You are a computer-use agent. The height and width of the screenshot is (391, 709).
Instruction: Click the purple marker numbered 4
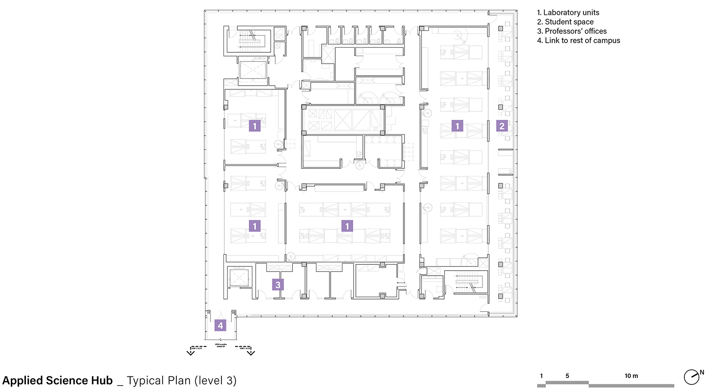220,325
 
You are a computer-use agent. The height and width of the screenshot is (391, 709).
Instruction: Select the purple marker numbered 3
278,285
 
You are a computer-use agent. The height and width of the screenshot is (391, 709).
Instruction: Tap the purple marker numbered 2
502,126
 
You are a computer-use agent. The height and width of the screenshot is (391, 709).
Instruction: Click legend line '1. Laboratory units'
568,13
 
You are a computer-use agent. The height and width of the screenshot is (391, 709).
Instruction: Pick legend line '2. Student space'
565,22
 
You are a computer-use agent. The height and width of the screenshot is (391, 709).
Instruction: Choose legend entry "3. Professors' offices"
572,31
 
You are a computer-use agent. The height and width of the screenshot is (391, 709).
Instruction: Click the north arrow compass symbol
691,377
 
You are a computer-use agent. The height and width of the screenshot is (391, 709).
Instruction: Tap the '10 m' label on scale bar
631,376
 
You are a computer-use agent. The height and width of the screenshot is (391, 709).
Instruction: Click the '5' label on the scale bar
567,376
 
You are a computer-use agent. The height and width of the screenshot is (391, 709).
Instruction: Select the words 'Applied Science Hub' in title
58,381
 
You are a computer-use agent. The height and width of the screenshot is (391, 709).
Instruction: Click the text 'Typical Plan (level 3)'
181,381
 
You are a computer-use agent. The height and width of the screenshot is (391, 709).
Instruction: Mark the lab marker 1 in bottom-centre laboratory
347,226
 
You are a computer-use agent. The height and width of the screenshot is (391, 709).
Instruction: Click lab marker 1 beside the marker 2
457,126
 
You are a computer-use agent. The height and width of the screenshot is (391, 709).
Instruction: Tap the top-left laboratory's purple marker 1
254,126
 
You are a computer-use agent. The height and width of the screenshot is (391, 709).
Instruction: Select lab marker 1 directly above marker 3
254,226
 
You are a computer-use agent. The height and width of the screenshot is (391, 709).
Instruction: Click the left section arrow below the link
191,352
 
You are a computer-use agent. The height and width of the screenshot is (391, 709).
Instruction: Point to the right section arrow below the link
251,352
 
